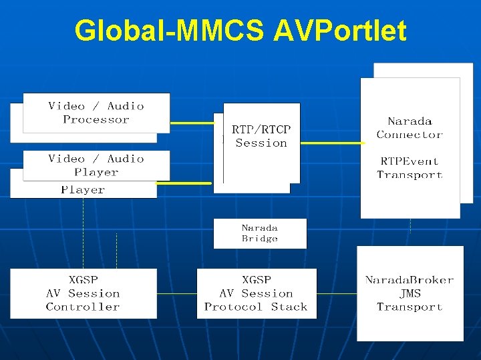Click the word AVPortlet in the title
tap(339, 31)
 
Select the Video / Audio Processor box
tap(96, 113)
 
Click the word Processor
tap(96, 120)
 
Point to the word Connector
tap(410, 135)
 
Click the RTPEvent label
tap(410, 161)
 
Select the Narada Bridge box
tap(260, 233)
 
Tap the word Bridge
tap(260, 239)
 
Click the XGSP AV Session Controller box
tap(84, 293)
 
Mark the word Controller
tap(83, 307)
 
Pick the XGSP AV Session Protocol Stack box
tap(257, 293)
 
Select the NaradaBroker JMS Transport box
tap(410, 293)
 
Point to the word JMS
tap(410, 293)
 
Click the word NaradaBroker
tap(410, 280)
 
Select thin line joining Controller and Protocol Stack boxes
tap(177, 293)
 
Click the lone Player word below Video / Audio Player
tap(83, 190)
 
